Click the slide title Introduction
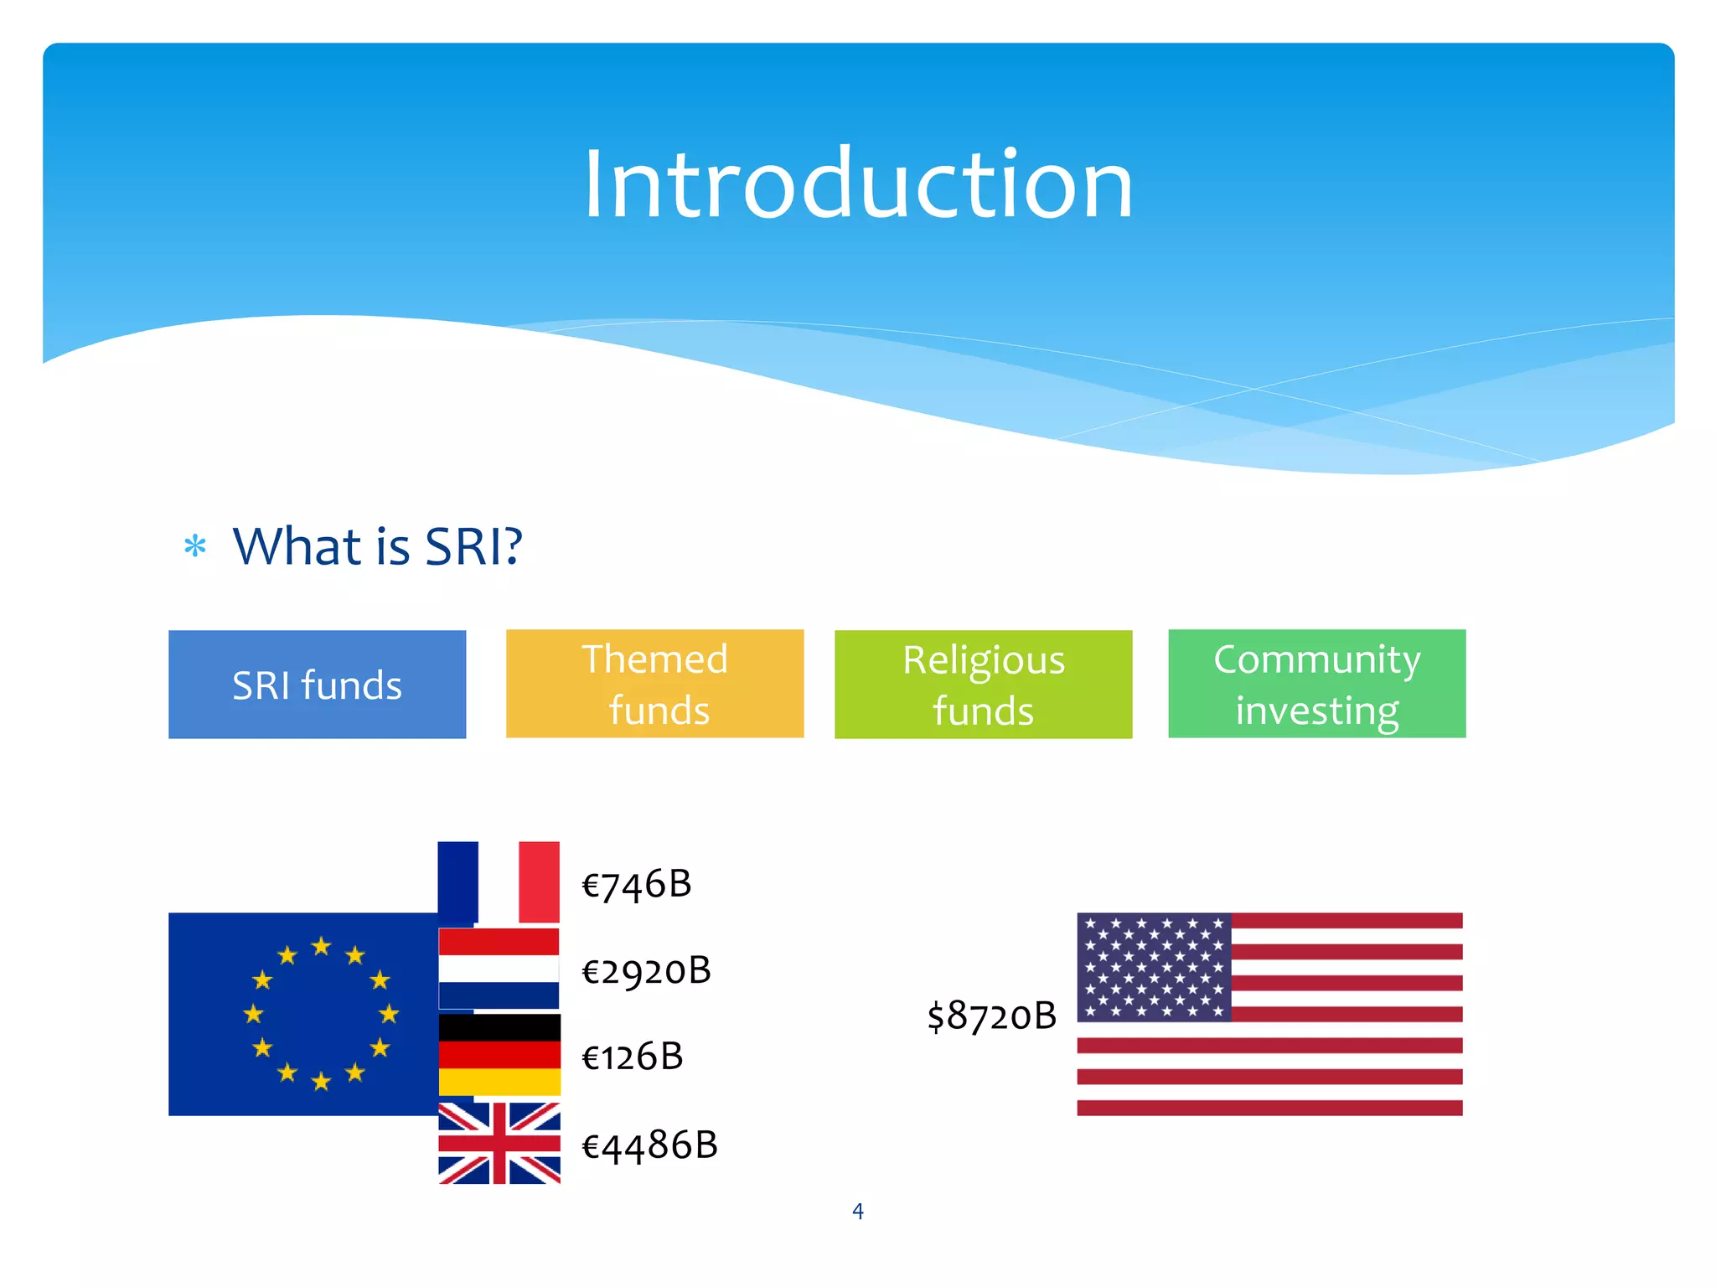click(858, 184)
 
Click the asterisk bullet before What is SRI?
click(195, 547)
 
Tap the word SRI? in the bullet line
click(473, 547)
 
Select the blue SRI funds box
click(317, 685)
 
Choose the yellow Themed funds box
click(654, 684)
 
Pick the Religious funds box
click(983, 685)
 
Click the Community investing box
click(1316, 684)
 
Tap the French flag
click(499, 882)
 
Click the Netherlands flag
click(499, 969)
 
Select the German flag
click(499, 1055)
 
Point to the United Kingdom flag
click(499, 1143)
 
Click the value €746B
click(637, 885)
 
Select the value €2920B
click(646, 971)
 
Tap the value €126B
click(633, 1057)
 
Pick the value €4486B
click(649, 1145)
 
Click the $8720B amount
click(991, 1016)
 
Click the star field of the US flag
click(1154, 967)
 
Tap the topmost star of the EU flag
click(321, 947)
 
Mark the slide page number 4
click(857, 1212)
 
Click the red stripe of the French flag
click(539, 882)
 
